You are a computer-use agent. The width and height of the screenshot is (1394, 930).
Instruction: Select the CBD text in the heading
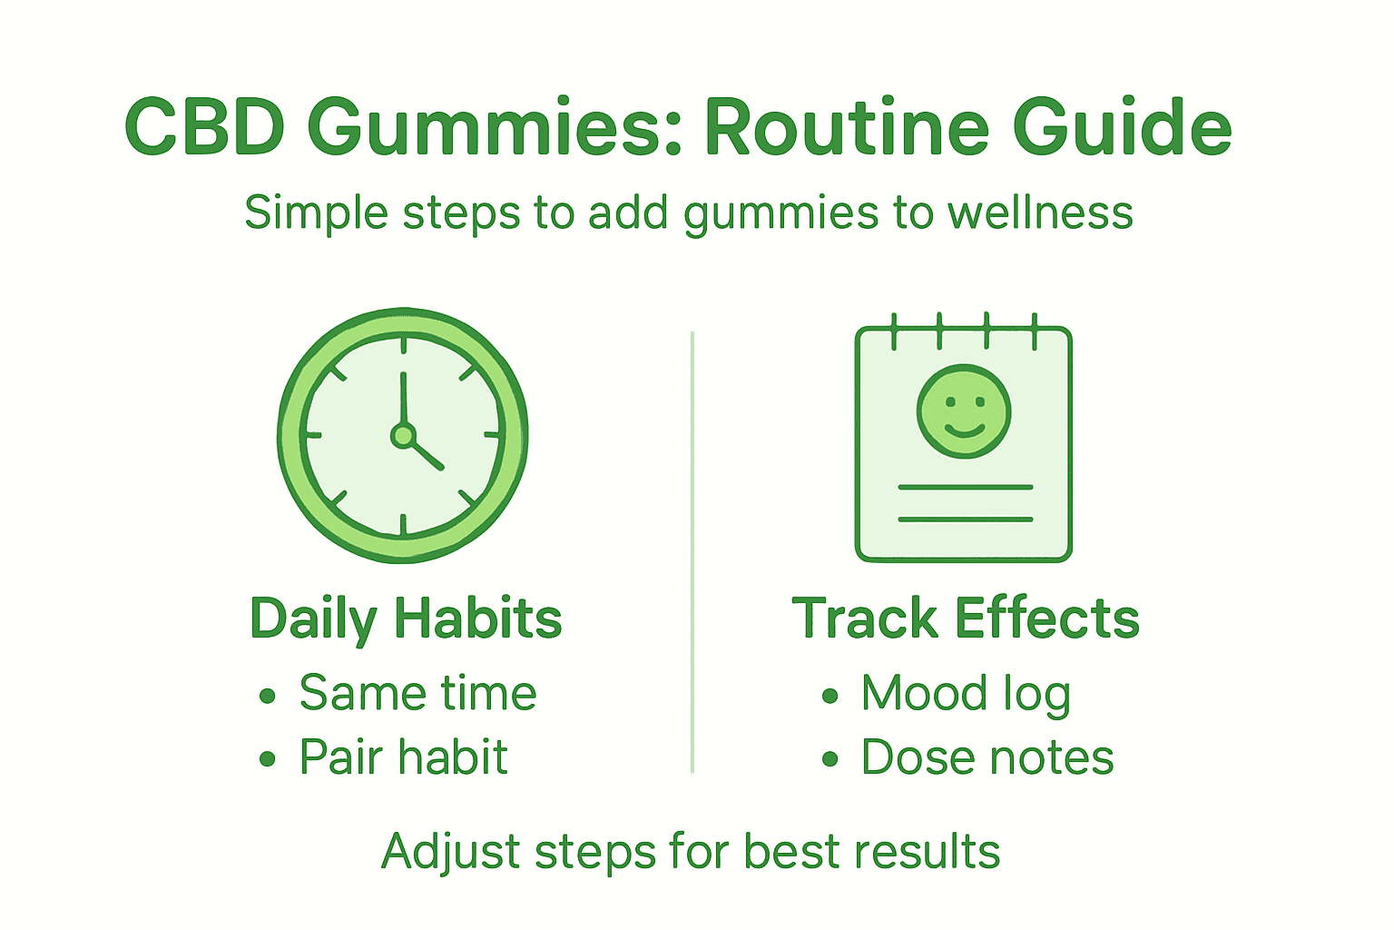tap(204, 127)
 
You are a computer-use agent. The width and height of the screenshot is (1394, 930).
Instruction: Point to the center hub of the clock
tap(403, 436)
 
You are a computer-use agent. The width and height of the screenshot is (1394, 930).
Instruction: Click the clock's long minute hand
tap(403, 400)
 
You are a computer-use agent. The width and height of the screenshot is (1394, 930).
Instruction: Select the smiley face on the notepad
tap(963, 411)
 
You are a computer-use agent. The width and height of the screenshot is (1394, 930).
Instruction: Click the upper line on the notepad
tap(965, 488)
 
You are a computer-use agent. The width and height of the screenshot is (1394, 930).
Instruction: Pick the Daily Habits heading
tap(406, 619)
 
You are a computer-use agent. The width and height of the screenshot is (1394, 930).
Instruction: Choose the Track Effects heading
tap(965, 619)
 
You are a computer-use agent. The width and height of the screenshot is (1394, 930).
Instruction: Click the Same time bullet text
tap(417, 694)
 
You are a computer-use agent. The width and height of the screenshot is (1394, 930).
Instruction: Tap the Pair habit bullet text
tap(403, 757)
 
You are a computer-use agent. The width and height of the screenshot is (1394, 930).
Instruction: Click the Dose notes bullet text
tap(987, 757)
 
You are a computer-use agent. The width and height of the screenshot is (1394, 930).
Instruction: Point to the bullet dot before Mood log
tap(830, 697)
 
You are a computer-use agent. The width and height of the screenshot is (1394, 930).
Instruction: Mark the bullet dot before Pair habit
tap(267, 759)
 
